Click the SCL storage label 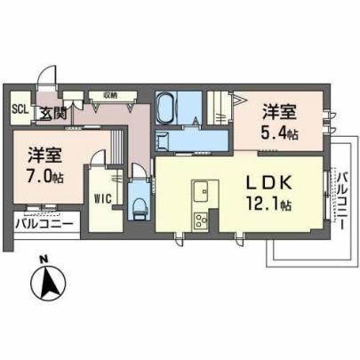pyautogui.click(x=20, y=109)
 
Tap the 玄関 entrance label pyautogui.click(x=53, y=113)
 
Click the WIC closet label pyautogui.click(x=103, y=198)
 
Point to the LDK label pyautogui.click(x=269, y=183)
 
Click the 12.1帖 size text pyautogui.click(x=268, y=204)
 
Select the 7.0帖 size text pyautogui.click(x=45, y=177)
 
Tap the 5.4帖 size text pyautogui.click(x=279, y=133)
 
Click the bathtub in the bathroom pyautogui.click(x=166, y=108)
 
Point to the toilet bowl pyautogui.click(x=139, y=208)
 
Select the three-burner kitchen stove pyautogui.click(x=201, y=220)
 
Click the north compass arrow pyautogui.click(x=49, y=283)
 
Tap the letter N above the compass pyautogui.click(x=44, y=260)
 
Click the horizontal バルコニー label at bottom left pyautogui.click(x=44, y=223)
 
